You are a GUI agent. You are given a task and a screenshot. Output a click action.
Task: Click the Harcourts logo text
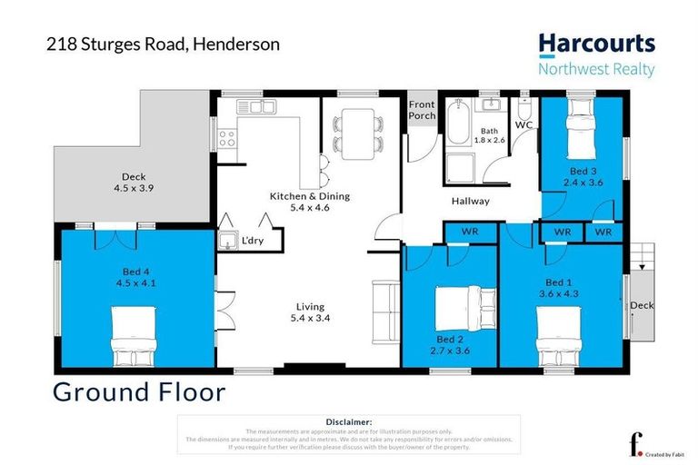pyautogui.click(x=595, y=43)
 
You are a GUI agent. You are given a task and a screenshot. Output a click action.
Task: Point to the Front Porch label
pyautogui.click(x=422, y=110)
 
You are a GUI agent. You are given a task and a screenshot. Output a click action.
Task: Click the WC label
pyautogui.click(x=523, y=124)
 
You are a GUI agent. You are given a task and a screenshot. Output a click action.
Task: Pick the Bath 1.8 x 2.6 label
pyautogui.click(x=490, y=135)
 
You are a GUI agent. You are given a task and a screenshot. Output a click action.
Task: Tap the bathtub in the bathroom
pyautogui.click(x=456, y=126)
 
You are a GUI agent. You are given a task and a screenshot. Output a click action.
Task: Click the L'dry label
pyautogui.click(x=252, y=241)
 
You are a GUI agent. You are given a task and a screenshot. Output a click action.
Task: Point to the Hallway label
pyautogui.click(x=470, y=202)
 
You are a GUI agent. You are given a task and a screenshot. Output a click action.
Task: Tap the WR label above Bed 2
pyautogui.click(x=470, y=232)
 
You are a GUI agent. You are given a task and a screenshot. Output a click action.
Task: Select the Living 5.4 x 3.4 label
pyautogui.click(x=306, y=312)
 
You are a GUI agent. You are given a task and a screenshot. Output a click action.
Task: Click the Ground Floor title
pyautogui.click(x=138, y=392)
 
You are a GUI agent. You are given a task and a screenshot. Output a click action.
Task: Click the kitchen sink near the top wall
pyautogui.click(x=257, y=107)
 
